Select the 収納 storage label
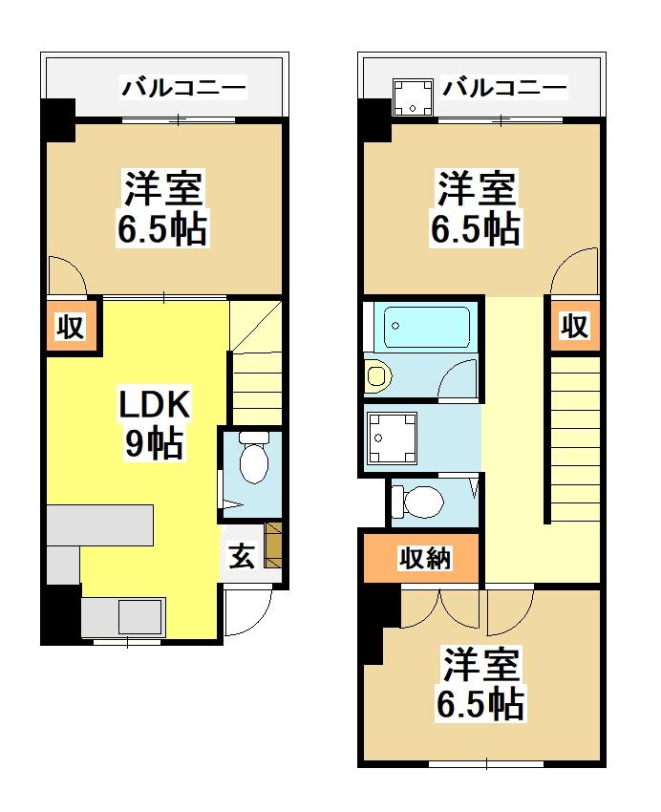pyautogui.click(x=424, y=559)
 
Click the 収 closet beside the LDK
pyautogui.click(x=72, y=328)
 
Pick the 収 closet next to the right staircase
pyautogui.click(x=573, y=327)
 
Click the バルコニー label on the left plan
pyautogui.click(x=183, y=89)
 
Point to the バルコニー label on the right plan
pyautogui.click(x=503, y=89)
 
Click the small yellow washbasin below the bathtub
pyautogui.click(x=376, y=375)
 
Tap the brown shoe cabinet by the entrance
pyautogui.click(x=274, y=544)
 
